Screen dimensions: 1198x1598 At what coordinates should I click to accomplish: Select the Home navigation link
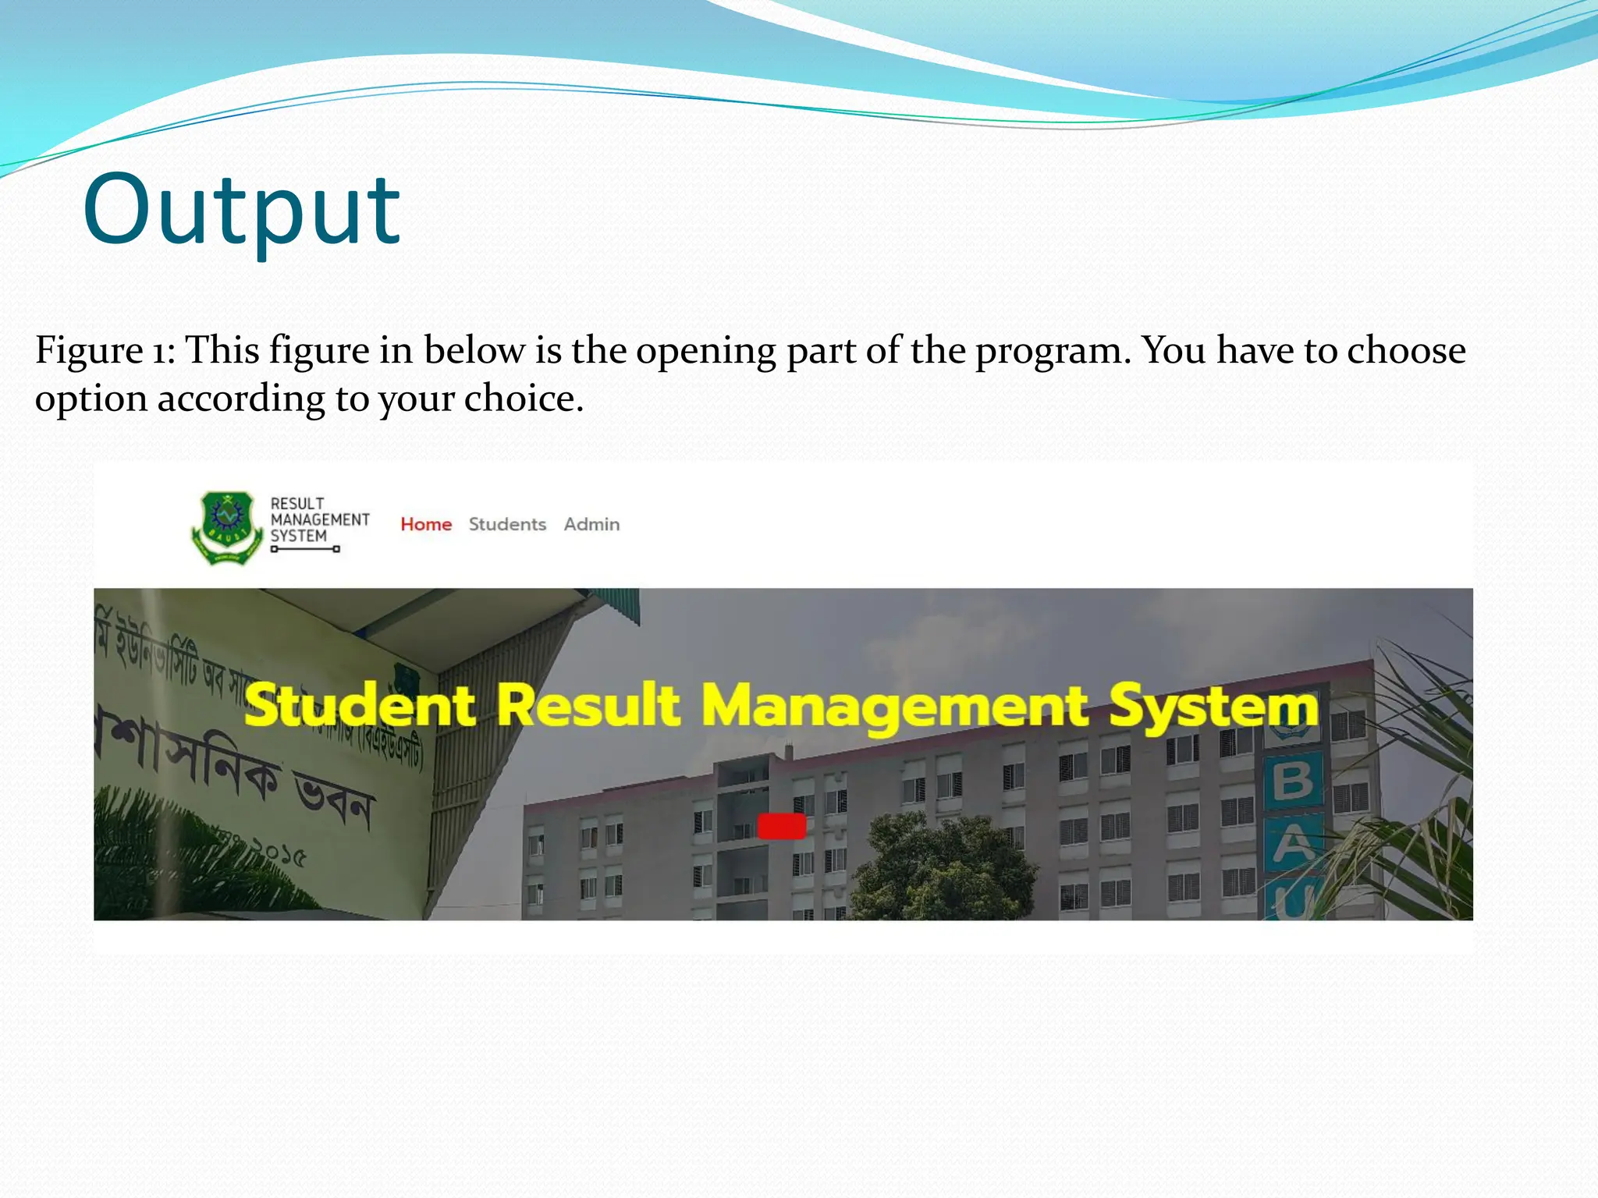(426, 525)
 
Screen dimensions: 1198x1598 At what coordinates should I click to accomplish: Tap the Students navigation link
(507, 525)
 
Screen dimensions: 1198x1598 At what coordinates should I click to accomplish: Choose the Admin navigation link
(591, 525)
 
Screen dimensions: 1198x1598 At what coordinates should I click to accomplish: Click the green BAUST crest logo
(226, 526)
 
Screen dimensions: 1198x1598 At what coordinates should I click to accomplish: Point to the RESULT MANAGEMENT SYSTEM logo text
(318, 520)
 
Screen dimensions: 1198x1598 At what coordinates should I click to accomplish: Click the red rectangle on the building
(782, 826)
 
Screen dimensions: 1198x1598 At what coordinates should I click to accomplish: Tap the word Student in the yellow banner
(360, 705)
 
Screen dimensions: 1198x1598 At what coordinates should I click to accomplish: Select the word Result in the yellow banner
(588, 705)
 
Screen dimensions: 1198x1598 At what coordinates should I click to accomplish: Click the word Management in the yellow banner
(894, 707)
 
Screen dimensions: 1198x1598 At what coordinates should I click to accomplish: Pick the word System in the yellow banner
(1214, 707)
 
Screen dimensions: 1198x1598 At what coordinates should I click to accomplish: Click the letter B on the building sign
(1293, 780)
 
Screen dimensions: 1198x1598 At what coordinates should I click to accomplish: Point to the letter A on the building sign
(1293, 843)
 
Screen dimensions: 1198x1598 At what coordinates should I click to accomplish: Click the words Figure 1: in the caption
(105, 350)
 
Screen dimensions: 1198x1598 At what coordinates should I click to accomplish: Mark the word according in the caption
(240, 399)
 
